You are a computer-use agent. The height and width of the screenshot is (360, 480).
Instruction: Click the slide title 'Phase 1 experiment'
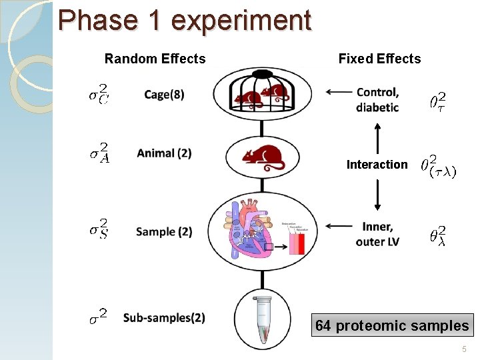click(185, 20)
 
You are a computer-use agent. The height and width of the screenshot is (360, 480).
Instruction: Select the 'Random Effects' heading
click(155, 59)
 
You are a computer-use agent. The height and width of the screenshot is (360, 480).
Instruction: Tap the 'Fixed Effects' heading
click(379, 59)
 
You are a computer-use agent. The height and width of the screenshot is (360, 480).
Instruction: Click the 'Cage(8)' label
click(164, 95)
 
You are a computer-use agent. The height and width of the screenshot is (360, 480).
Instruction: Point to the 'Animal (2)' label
click(164, 153)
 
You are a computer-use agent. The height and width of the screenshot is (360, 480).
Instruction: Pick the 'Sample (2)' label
click(164, 232)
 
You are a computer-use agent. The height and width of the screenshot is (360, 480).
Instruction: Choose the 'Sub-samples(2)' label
click(164, 317)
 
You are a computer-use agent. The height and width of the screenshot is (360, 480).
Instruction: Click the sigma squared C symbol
click(100, 94)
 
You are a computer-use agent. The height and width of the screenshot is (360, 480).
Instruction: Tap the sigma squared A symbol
click(100, 152)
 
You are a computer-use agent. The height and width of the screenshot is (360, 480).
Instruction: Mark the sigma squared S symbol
click(99, 230)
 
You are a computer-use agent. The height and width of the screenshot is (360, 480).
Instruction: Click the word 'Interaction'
click(377, 165)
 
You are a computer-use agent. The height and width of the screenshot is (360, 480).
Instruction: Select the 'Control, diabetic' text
click(377, 100)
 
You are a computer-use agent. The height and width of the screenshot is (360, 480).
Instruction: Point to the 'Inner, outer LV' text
click(377, 235)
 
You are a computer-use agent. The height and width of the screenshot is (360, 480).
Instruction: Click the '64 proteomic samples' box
click(392, 325)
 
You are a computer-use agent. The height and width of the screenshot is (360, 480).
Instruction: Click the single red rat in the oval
click(263, 157)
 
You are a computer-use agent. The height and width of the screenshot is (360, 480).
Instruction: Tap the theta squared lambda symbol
click(438, 235)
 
